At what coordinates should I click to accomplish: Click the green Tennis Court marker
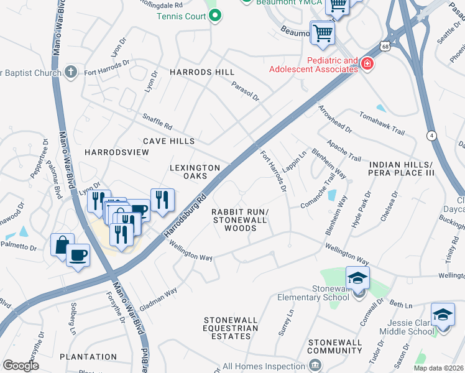[215, 17]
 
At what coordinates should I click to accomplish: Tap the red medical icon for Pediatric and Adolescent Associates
[367, 63]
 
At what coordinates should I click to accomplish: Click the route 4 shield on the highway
[431, 135]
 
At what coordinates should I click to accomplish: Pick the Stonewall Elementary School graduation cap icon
[357, 279]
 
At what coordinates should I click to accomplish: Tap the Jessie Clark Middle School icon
[443, 315]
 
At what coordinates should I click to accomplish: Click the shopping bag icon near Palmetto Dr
[62, 244]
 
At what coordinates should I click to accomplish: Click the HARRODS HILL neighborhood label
[202, 73]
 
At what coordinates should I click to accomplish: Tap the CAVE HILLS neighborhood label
[168, 142]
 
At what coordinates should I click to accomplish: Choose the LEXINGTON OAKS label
[195, 173]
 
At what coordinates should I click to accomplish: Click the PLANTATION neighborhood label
[88, 357]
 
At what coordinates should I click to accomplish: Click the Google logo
[21, 365]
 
